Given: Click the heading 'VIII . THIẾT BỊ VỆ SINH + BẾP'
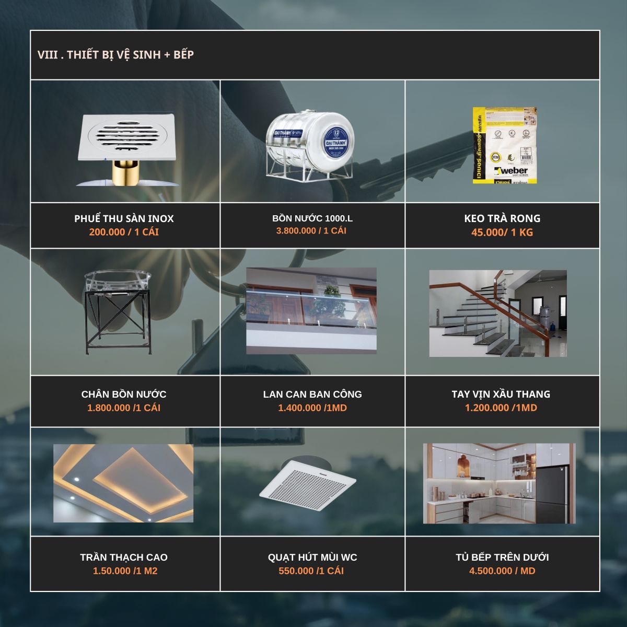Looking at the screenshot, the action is point(115,55).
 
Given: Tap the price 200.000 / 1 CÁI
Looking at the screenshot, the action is point(124,232).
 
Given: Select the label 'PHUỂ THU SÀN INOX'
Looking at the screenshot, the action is point(124,218).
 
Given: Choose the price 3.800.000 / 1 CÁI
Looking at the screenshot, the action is point(311,231).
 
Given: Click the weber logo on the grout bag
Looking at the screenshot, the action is point(510,171).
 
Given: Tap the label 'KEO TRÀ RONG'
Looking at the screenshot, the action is point(502,218).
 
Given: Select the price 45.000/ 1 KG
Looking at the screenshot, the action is point(502,232).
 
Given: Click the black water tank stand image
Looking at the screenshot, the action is point(118,312).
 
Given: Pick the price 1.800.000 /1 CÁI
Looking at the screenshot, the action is point(124,408).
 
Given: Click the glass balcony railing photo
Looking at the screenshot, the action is point(311,311).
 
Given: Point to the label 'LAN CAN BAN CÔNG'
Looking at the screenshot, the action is point(312,394).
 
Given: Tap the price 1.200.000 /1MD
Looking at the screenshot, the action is point(501,408).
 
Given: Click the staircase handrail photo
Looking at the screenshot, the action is point(498,313).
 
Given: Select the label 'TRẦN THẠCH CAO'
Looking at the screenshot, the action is point(124,557).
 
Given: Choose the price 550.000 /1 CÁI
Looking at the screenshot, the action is point(311,571).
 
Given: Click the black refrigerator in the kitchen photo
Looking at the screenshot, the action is point(552,494).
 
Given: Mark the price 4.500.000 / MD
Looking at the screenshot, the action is point(502,571).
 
